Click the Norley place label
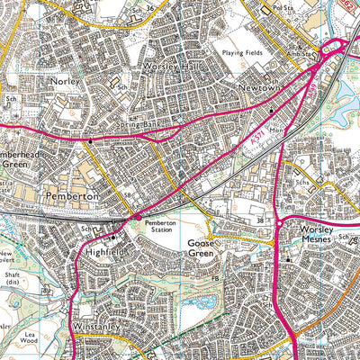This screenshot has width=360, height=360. (x=66, y=81)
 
